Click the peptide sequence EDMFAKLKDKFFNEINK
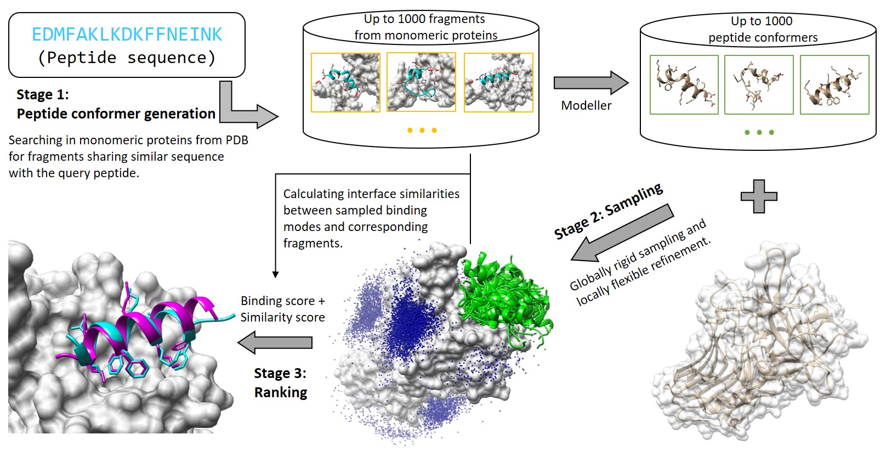click(x=127, y=35)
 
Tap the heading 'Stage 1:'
click(x=43, y=94)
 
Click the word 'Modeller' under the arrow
click(x=586, y=105)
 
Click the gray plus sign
click(x=759, y=196)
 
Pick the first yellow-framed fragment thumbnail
click(x=345, y=83)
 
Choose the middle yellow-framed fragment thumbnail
click(x=421, y=82)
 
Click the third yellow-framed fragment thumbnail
click(x=498, y=83)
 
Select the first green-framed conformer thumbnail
click(x=684, y=84)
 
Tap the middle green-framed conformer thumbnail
click(x=759, y=84)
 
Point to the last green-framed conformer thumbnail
click(x=834, y=84)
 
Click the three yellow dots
click(x=422, y=131)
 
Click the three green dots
click(x=759, y=132)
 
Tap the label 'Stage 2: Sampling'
click(x=609, y=211)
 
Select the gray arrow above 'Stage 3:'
click(x=275, y=343)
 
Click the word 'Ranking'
click(x=281, y=392)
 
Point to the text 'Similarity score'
click(x=282, y=317)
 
